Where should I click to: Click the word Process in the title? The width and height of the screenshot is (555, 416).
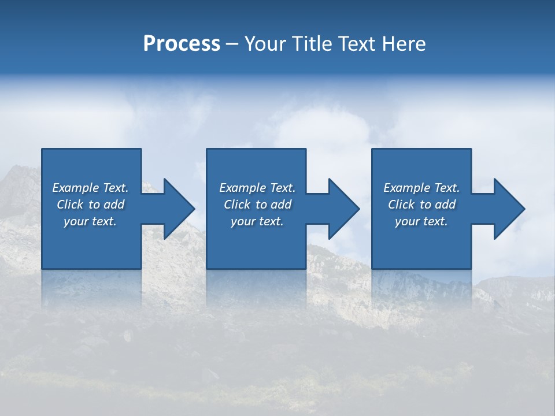[x=182, y=44]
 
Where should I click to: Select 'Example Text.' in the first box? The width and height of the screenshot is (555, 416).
[x=90, y=188]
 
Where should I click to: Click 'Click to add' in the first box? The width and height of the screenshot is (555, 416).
[x=90, y=205]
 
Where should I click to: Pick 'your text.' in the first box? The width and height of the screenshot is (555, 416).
[x=90, y=221]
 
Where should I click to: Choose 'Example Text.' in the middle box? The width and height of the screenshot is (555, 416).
[x=257, y=188]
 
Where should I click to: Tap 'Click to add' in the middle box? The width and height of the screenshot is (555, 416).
[x=257, y=205]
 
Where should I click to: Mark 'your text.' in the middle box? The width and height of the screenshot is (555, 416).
[x=257, y=221]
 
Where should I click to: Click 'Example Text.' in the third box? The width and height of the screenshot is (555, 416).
[x=421, y=188]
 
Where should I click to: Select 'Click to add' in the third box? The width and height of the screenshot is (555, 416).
[x=421, y=205]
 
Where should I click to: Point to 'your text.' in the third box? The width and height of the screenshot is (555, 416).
[x=421, y=221]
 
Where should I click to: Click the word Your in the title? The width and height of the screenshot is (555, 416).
[x=265, y=44]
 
